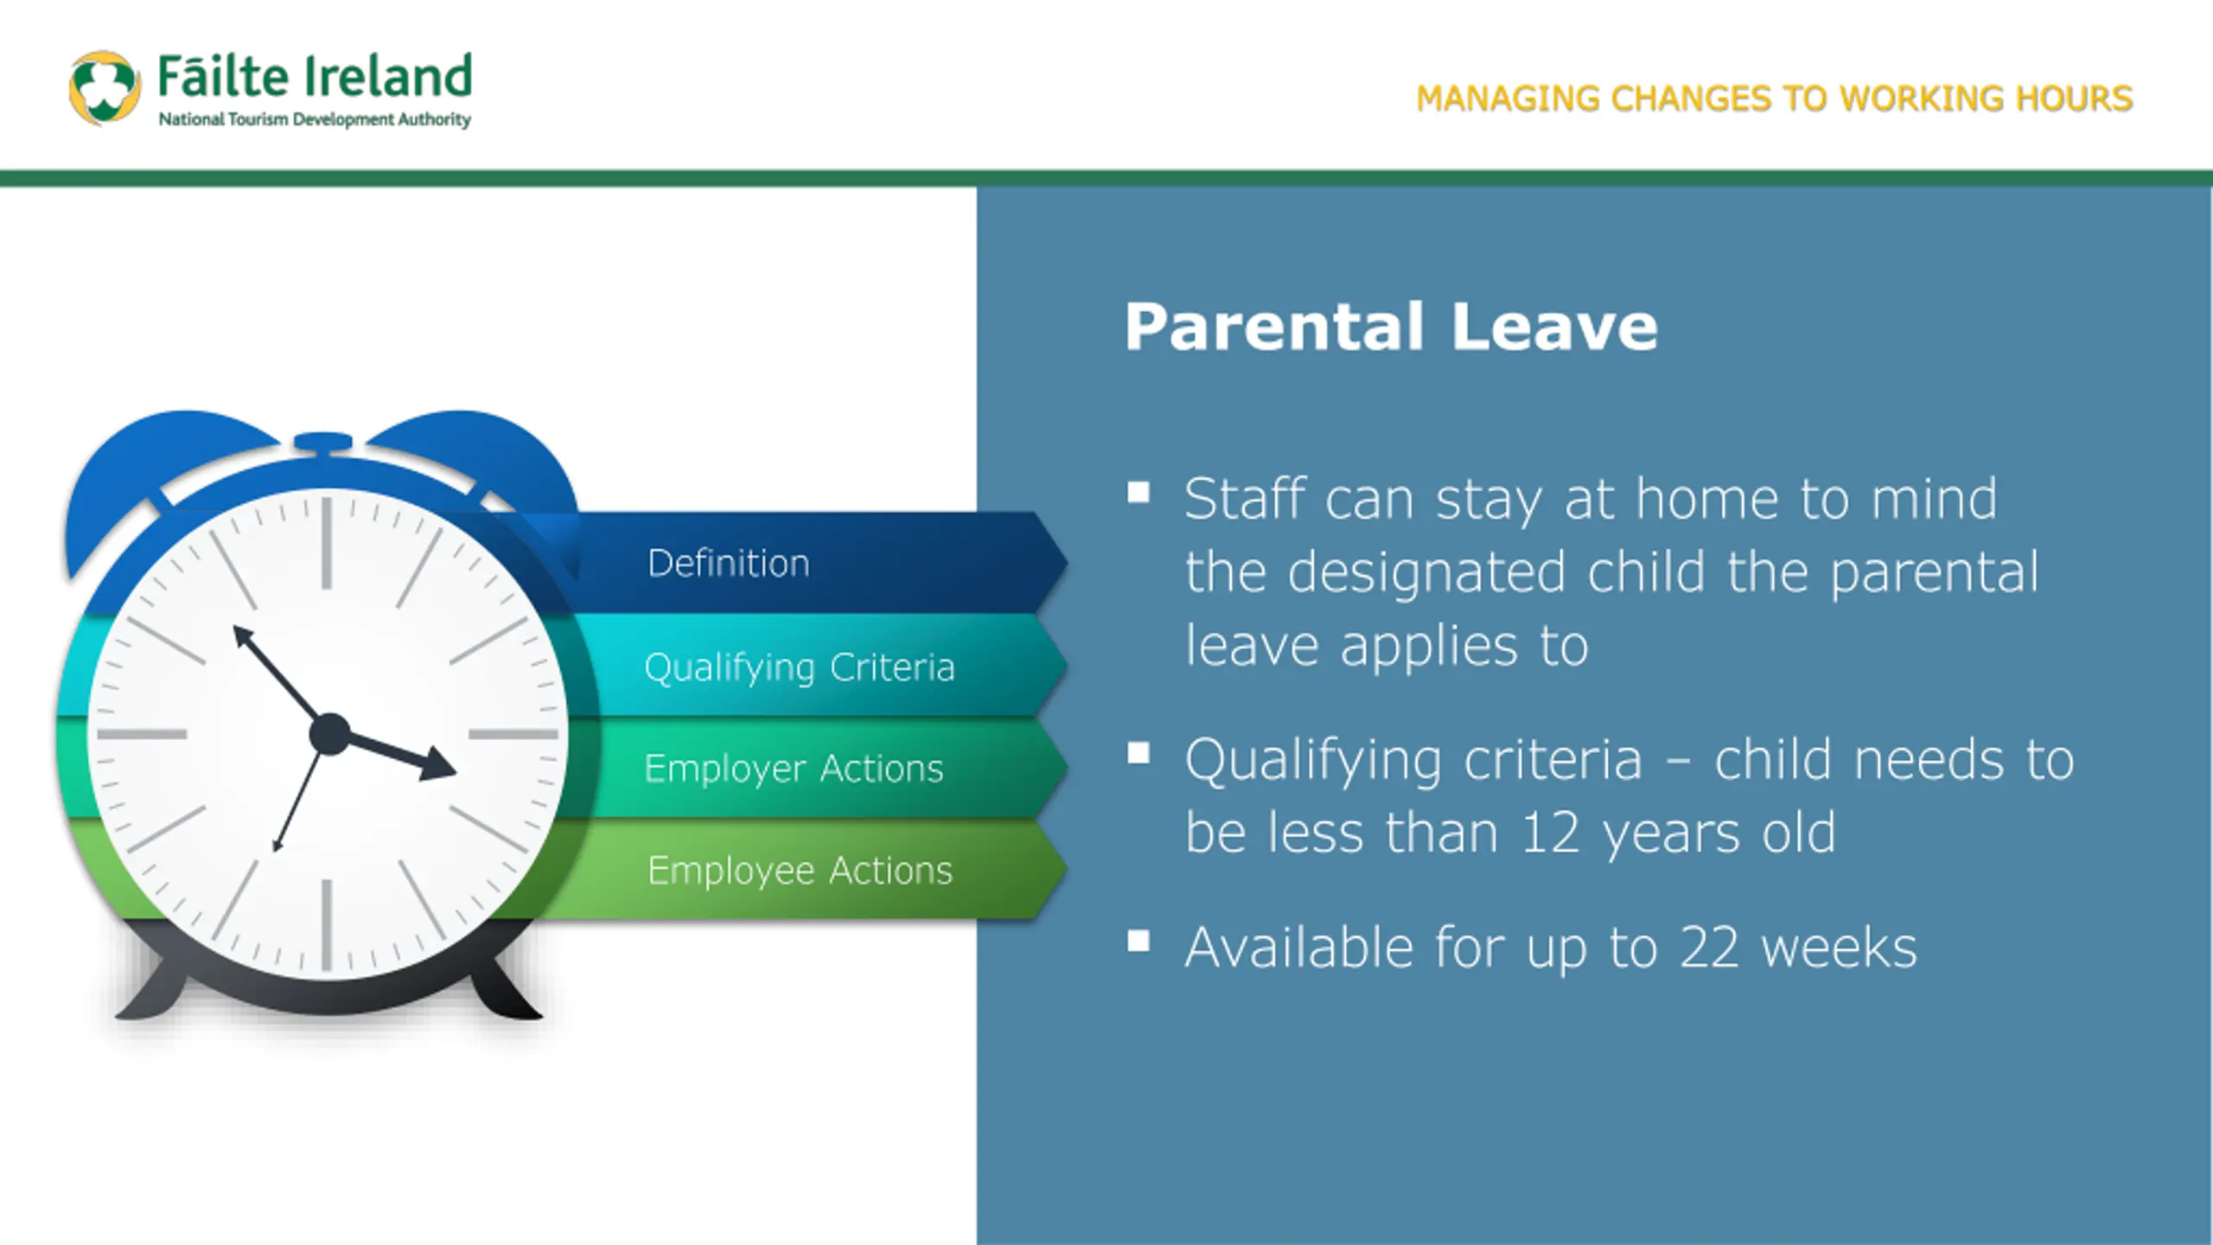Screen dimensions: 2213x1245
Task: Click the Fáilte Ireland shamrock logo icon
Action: [105, 87]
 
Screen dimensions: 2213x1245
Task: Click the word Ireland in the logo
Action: [388, 75]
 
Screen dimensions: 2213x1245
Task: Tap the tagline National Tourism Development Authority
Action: [315, 119]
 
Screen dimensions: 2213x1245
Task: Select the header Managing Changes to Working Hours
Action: [1775, 99]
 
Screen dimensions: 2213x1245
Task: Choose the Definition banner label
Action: [729, 563]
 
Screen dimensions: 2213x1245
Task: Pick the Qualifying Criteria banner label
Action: [800, 667]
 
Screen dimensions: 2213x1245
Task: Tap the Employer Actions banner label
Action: [794, 769]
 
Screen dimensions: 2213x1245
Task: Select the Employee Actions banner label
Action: [800, 871]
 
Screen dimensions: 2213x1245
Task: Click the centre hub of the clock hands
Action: [329, 734]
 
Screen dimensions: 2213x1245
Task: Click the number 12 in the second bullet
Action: [1551, 833]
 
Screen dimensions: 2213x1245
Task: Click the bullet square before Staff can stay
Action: [1138, 492]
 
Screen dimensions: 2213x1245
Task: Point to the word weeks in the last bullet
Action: [1840, 948]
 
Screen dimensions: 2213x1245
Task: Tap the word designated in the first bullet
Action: [1426, 572]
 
